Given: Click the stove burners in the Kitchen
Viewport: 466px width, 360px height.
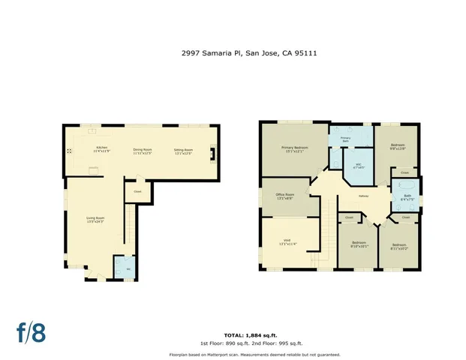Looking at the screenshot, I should coord(69,151).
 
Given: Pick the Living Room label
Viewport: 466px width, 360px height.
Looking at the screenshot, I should coord(95,220).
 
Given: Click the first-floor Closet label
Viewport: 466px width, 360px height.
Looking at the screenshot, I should coord(137,191).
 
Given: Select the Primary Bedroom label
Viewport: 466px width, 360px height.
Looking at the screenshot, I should coord(293,148).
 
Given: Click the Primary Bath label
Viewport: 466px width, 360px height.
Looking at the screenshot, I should coord(346,139).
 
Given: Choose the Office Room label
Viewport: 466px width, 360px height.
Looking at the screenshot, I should coord(285,197).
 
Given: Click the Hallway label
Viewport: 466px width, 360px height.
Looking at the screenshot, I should coord(363,196).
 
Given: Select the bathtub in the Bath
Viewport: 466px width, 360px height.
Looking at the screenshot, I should coord(405,186).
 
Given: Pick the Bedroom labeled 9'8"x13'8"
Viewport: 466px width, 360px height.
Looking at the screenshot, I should coord(398,147).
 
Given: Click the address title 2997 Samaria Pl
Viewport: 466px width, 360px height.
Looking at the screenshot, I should coord(233,53).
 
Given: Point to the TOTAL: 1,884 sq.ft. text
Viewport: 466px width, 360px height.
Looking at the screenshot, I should coord(244,334).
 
